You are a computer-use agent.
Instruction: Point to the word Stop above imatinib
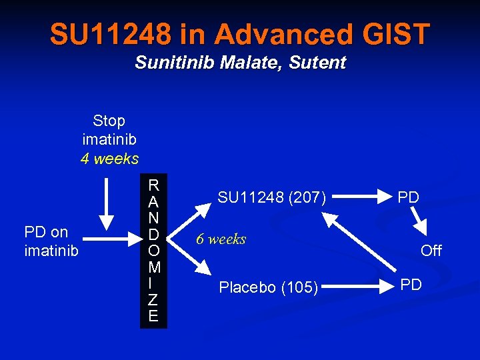(109, 121)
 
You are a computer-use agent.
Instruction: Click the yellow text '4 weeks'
(109, 159)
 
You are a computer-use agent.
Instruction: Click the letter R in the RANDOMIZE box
(153, 185)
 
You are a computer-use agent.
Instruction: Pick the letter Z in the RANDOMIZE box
(153, 301)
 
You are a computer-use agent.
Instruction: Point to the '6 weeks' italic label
(221, 239)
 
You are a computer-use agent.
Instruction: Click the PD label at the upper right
(408, 198)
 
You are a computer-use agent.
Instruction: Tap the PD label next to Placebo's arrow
(411, 285)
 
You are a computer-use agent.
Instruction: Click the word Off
(431, 251)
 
